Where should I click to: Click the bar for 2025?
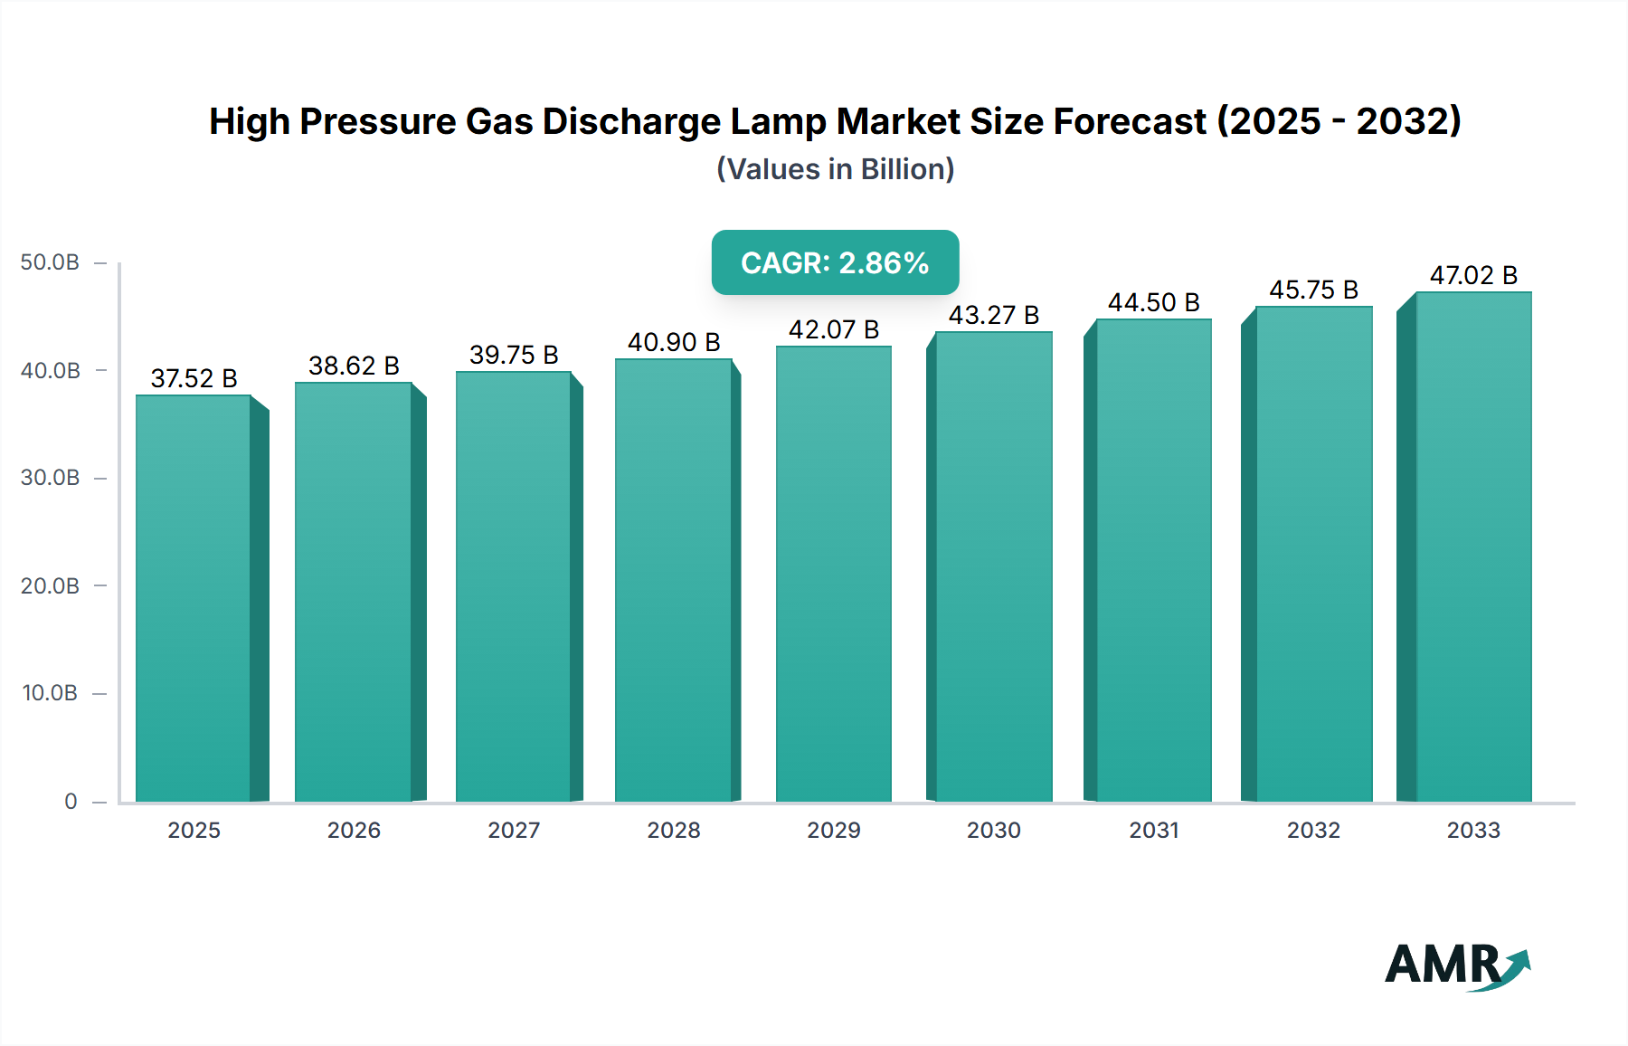coord(194,597)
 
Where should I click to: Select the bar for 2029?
coord(833,574)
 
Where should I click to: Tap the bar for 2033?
coord(1472,547)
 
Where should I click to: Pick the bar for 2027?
coord(513,586)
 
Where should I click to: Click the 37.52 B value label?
coord(194,378)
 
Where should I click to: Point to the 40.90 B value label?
coord(674,342)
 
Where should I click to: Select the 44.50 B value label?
coord(1153,302)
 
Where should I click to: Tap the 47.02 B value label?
coord(1472,275)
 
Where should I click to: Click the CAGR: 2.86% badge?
coord(835,262)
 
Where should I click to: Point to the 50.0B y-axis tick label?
coord(50,262)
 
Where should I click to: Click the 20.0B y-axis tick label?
coord(50,585)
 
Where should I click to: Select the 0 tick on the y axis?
coord(71,801)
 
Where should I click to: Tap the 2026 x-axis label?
coord(354,830)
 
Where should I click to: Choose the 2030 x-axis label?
coord(993,830)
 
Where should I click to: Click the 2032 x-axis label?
coord(1313,830)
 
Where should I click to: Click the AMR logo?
coord(1456,965)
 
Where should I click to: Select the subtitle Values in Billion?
coord(835,169)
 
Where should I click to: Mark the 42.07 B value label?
coord(833,329)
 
